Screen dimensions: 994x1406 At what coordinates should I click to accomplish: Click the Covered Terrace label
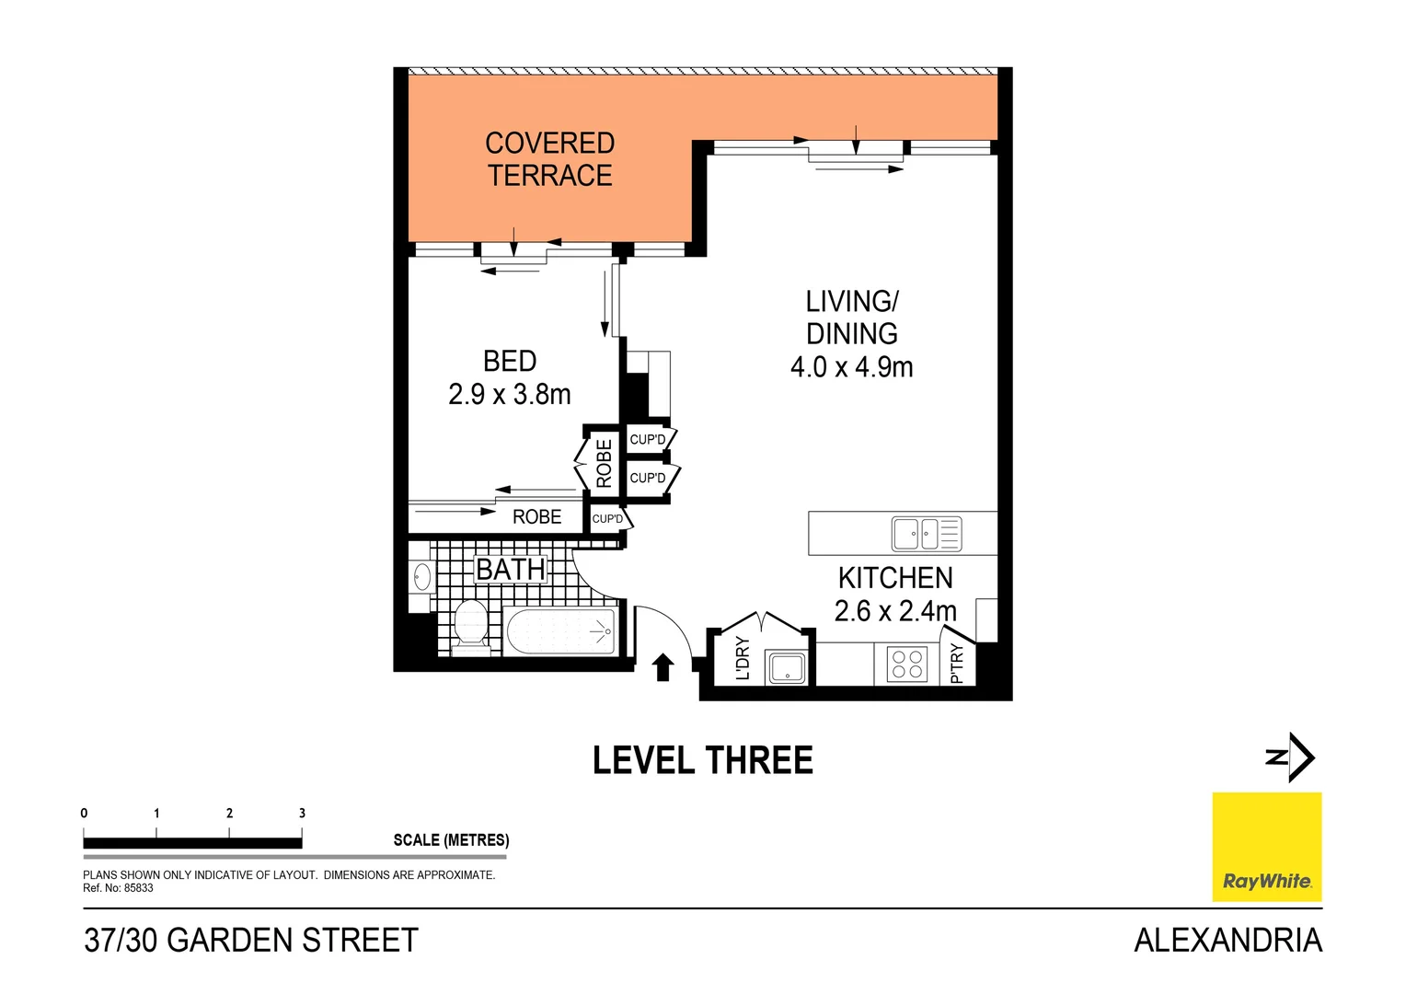pyautogui.click(x=549, y=159)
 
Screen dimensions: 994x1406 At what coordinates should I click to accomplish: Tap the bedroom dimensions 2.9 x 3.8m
pyautogui.click(x=509, y=395)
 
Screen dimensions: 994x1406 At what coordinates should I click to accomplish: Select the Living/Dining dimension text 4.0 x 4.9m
pyautogui.click(x=851, y=367)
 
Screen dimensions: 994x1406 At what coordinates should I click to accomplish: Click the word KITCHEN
pyautogui.click(x=895, y=578)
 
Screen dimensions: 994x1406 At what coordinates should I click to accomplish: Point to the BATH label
pyautogui.click(x=511, y=570)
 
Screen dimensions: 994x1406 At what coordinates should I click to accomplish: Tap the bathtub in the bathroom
pyautogui.click(x=560, y=631)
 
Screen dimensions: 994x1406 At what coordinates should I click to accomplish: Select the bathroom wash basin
pyautogui.click(x=422, y=577)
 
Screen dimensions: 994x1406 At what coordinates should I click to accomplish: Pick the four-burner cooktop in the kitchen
pyautogui.click(x=907, y=664)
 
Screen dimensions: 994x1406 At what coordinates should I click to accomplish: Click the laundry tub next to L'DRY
pyautogui.click(x=787, y=668)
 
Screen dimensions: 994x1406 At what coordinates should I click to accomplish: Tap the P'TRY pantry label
pyautogui.click(x=956, y=664)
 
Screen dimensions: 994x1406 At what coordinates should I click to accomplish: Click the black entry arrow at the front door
pyautogui.click(x=663, y=666)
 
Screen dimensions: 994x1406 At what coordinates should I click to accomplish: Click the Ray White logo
pyautogui.click(x=1266, y=846)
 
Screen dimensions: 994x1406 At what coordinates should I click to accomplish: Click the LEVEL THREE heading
pyautogui.click(x=703, y=761)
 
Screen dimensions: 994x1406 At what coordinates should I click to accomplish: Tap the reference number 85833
pyautogui.click(x=138, y=888)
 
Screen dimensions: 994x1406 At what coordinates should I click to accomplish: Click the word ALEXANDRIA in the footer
pyautogui.click(x=1227, y=940)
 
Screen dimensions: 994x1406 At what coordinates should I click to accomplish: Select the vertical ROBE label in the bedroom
pyautogui.click(x=604, y=463)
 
